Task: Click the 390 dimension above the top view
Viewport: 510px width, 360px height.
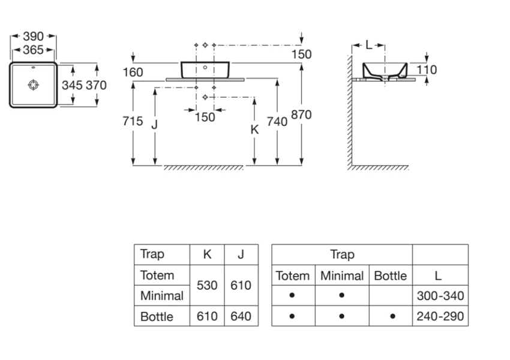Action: pyautogui.click(x=34, y=37)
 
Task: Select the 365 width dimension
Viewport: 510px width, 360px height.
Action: pyautogui.click(x=34, y=50)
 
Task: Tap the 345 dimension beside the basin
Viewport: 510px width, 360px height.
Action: pyautogui.click(x=72, y=85)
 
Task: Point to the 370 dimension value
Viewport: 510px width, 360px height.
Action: pyautogui.click(x=96, y=85)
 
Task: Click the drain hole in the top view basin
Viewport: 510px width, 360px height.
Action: pyautogui.click(x=34, y=85)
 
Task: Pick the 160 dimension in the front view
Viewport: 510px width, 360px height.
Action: pyautogui.click(x=133, y=73)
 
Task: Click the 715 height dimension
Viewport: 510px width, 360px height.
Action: pyautogui.click(x=133, y=122)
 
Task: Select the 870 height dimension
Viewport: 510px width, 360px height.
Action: pyautogui.click(x=301, y=115)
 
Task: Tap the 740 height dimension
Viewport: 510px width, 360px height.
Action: pyautogui.click(x=277, y=122)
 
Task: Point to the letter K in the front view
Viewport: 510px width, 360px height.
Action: pyautogui.click(x=254, y=129)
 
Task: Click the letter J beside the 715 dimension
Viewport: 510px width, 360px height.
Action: pyautogui.click(x=155, y=125)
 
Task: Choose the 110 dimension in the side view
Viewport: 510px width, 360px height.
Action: pyautogui.click(x=427, y=70)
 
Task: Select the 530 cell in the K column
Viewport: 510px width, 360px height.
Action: pyautogui.click(x=207, y=286)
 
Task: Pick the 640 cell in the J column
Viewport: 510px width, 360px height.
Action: pyautogui.click(x=241, y=316)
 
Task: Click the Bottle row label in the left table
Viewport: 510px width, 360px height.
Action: pyautogui.click(x=157, y=316)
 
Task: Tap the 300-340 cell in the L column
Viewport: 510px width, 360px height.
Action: pyautogui.click(x=440, y=296)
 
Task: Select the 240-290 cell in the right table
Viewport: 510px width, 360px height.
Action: pyautogui.click(x=440, y=316)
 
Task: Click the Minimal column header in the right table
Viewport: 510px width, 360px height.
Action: pyautogui.click(x=342, y=276)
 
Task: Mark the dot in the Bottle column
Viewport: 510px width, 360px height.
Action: pyautogui.click(x=391, y=316)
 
